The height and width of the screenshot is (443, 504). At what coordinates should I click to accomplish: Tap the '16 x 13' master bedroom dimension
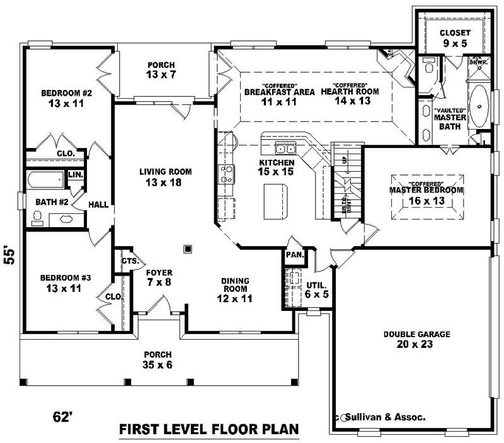[426, 201]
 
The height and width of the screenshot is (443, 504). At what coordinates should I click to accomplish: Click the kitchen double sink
[285, 149]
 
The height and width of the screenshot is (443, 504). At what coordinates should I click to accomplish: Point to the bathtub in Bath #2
[45, 181]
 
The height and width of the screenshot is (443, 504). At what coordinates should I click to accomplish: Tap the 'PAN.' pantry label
[294, 255]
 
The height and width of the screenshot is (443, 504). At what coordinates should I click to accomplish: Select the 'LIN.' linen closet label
[76, 174]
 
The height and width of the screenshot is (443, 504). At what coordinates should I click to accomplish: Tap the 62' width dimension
[65, 417]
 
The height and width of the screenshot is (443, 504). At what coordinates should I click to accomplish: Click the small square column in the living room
[187, 249]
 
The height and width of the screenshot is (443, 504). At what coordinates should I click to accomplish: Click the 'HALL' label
[98, 205]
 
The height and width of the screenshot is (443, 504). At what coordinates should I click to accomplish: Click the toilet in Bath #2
[38, 217]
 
